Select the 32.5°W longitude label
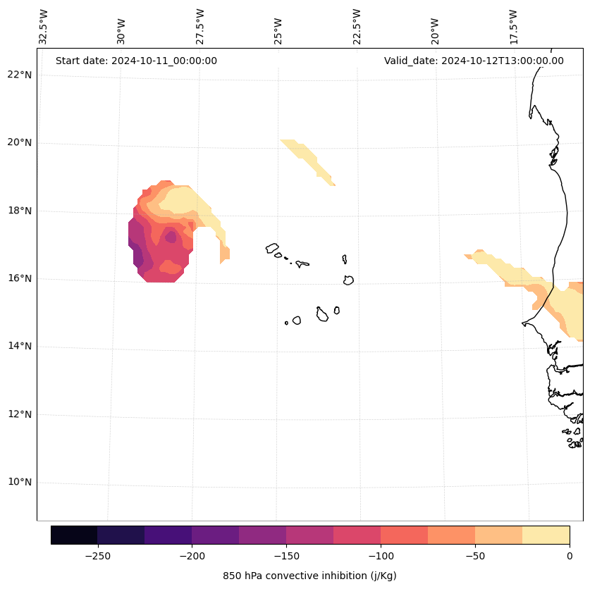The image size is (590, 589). [44, 27]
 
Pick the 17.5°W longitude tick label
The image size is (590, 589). [513, 27]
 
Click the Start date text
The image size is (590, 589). [136, 61]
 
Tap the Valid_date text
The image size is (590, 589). [474, 61]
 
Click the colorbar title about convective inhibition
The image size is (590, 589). [309, 576]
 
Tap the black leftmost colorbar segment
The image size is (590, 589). [74, 535]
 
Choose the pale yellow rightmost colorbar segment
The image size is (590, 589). [546, 535]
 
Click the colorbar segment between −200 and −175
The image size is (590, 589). [215, 535]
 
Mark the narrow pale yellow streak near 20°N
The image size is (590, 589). [307, 161]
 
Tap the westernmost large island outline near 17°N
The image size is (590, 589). [272, 248]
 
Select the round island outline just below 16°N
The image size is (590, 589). [348, 280]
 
